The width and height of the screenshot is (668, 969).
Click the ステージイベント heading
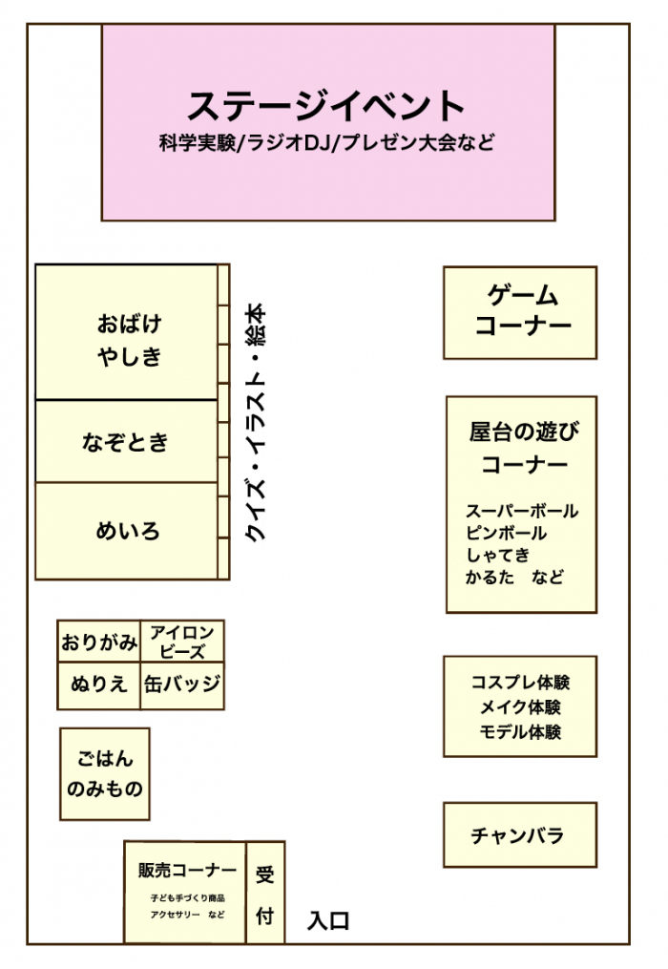[325, 106]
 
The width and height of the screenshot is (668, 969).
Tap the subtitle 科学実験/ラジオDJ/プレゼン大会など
[327, 143]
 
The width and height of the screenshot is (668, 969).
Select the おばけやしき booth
[127, 332]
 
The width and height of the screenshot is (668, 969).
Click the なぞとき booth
[127, 441]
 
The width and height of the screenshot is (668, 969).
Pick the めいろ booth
[127, 531]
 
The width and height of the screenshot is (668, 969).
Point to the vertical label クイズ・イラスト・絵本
[255, 423]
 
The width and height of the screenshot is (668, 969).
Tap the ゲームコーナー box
[520, 313]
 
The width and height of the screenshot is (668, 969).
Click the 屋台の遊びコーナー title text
[523, 448]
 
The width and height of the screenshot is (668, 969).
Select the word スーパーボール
[522, 511]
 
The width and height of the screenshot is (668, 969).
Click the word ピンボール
[506, 533]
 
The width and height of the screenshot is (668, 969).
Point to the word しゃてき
[497, 555]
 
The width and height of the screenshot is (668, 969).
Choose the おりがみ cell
[99, 642]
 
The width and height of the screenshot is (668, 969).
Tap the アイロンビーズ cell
[182, 642]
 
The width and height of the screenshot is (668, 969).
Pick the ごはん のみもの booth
[105, 773]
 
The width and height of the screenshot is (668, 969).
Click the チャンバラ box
[520, 835]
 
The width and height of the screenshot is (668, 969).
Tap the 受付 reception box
[265, 893]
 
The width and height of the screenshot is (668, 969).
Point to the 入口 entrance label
[328, 921]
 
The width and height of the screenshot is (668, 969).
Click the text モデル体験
[520, 731]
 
